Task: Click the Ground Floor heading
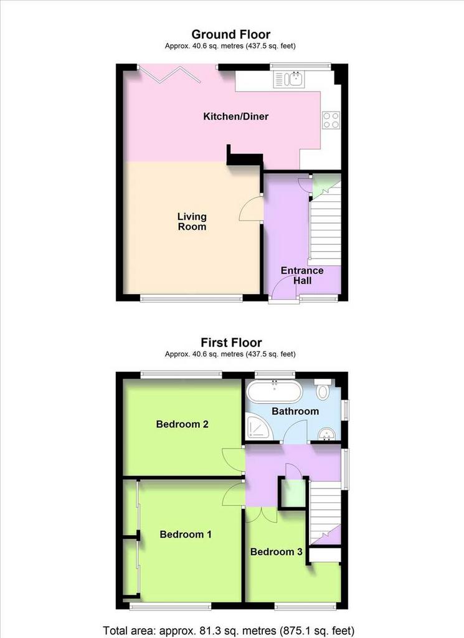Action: (x=230, y=34)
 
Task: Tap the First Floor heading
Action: (x=231, y=342)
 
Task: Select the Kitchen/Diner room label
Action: (x=236, y=117)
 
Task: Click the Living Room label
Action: (x=192, y=222)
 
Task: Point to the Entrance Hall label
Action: (x=302, y=275)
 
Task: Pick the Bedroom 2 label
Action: (x=182, y=424)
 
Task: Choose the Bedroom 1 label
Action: (x=186, y=534)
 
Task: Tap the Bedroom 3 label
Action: (x=276, y=552)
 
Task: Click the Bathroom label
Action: (x=295, y=411)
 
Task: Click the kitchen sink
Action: (x=289, y=79)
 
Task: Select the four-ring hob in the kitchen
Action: (x=331, y=120)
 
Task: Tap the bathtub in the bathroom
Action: (x=275, y=391)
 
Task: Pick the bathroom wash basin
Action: (x=326, y=434)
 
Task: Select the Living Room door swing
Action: (x=250, y=208)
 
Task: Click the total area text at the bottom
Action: (x=229, y=631)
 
